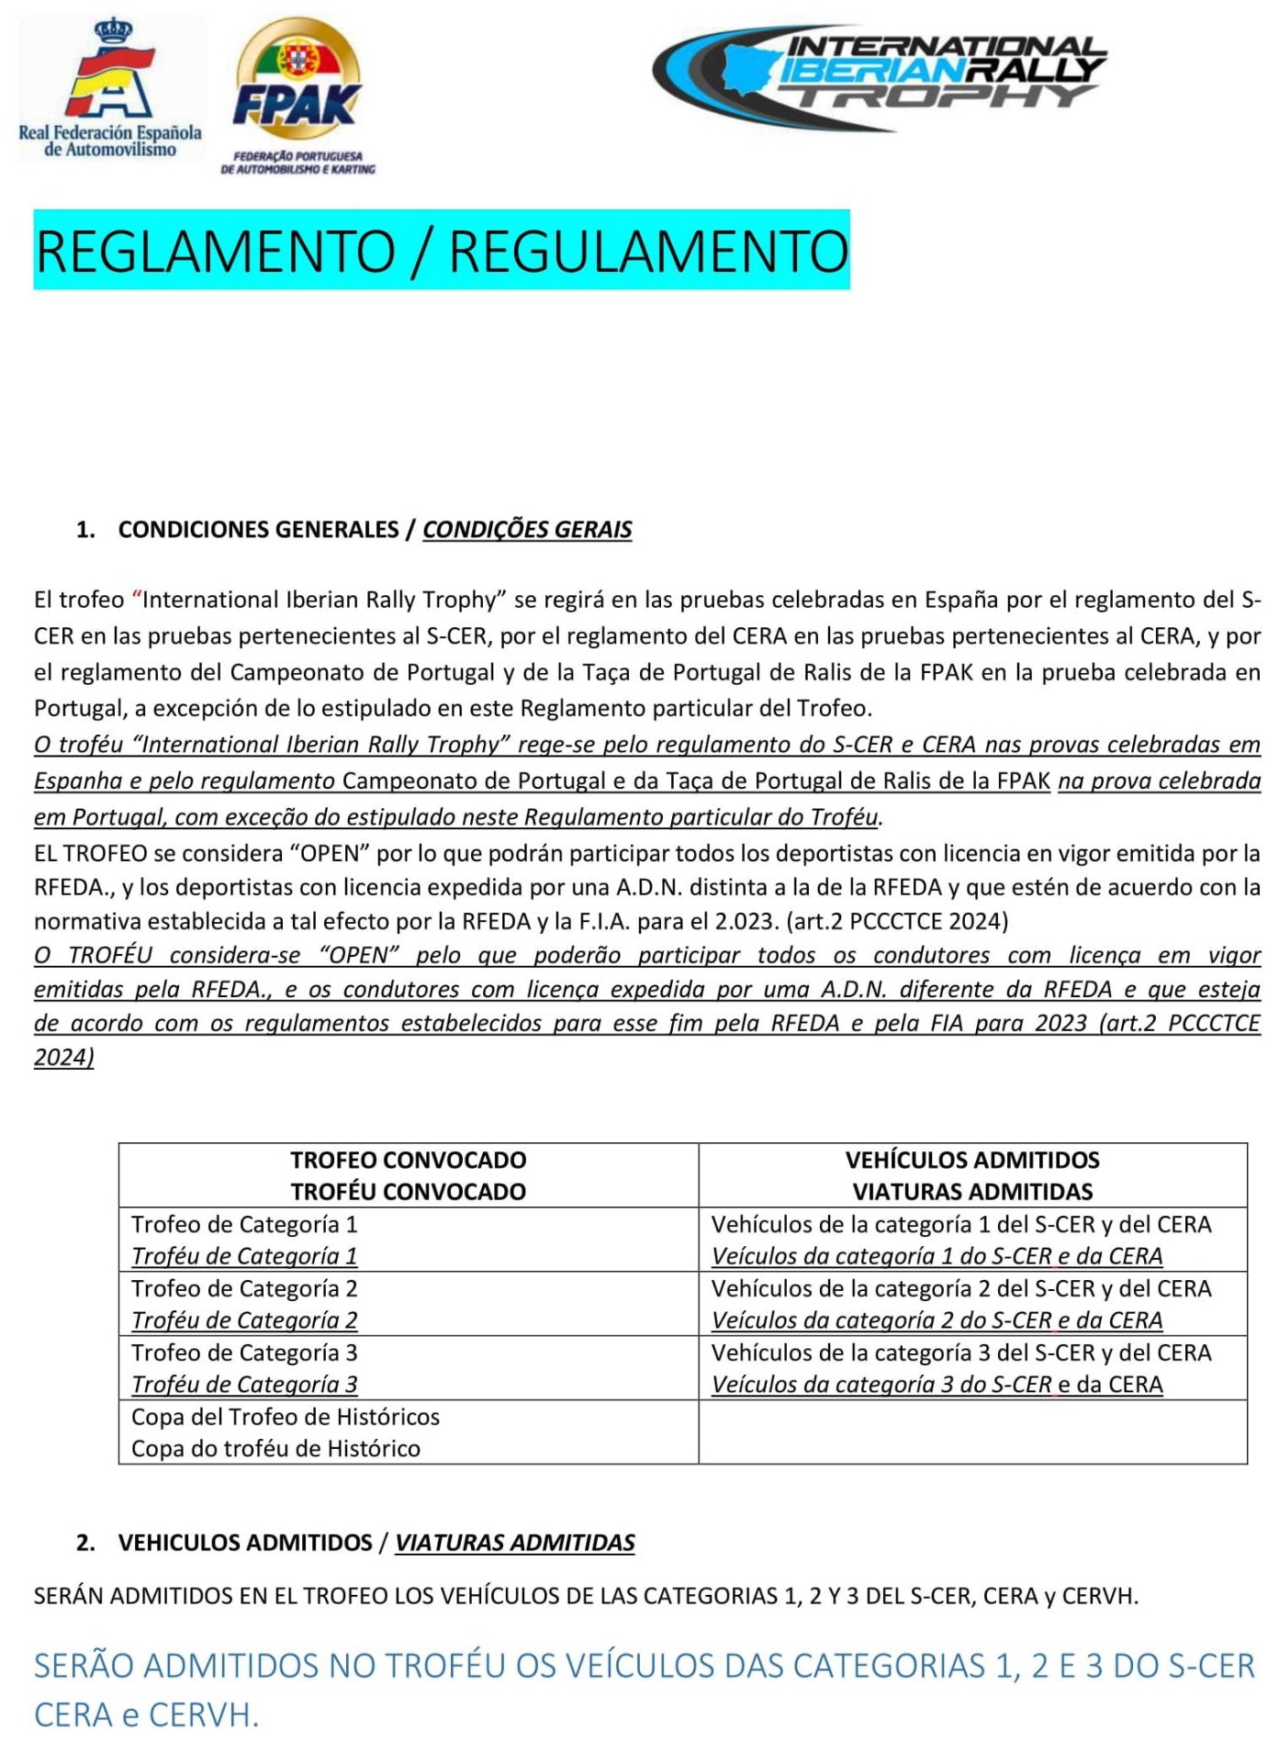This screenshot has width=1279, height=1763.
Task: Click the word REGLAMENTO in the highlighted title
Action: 215,251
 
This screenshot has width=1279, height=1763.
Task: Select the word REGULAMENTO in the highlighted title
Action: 648,251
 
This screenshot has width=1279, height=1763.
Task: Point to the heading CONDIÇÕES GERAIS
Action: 527,530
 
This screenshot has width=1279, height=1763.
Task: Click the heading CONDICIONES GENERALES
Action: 258,530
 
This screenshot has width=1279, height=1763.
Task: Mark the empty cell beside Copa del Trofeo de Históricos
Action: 972,1432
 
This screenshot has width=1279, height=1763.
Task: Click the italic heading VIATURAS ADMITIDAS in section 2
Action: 514,1543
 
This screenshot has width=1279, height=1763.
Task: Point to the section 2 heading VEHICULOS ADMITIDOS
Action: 245,1543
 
